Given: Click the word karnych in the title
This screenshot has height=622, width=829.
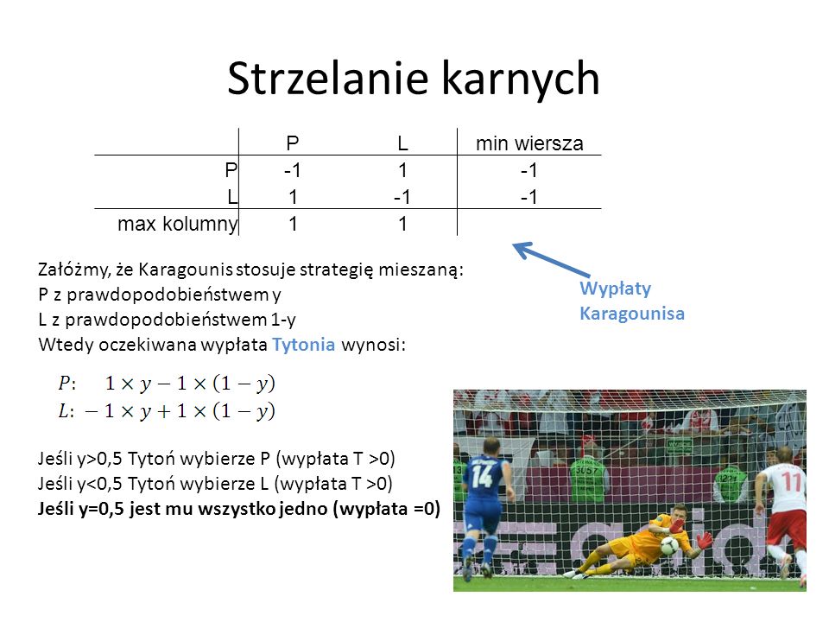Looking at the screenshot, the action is pos(520,79).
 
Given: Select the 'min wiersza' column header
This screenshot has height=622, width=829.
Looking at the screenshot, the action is pos(529,143).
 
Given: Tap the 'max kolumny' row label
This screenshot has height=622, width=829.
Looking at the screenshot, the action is pos(178,224).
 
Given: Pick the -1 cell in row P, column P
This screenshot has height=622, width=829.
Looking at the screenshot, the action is pos(293,170).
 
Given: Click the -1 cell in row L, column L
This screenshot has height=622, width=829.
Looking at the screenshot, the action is pos(402,197).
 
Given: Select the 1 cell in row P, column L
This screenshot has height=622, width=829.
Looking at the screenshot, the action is pos(403,170).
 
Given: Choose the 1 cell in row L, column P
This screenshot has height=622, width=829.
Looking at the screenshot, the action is pos(293,197).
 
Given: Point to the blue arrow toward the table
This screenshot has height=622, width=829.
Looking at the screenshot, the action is pos(552,259).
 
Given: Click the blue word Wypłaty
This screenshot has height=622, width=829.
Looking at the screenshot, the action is pos(616,289).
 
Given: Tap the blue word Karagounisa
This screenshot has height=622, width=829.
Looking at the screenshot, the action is pos(632,313).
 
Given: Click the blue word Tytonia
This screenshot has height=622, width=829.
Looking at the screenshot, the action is pos(303,345).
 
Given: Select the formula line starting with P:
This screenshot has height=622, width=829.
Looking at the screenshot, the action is pos(167,383).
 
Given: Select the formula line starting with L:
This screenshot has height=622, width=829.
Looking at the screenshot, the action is pos(167,411).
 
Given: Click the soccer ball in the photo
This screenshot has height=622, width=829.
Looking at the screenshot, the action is pos(669,545).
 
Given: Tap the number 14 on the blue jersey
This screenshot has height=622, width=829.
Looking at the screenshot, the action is pos(482,475).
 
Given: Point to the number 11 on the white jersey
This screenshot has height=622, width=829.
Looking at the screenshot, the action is pos(792,481).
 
